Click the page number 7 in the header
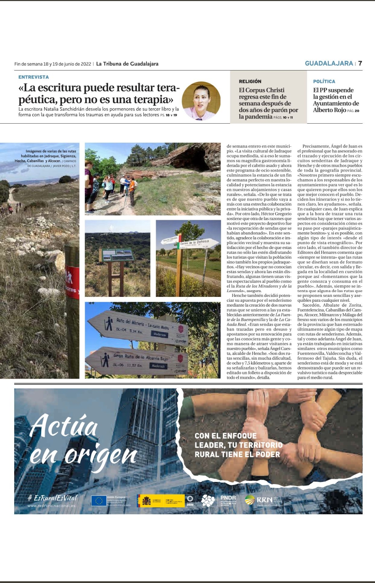(360, 63)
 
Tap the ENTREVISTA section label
(34, 77)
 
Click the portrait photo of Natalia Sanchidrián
(201, 101)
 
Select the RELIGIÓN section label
(250, 81)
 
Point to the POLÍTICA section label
(324, 81)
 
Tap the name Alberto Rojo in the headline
(330, 110)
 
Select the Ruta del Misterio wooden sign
(142, 326)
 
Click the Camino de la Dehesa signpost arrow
(194, 243)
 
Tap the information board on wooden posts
(118, 255)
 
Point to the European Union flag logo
(99, 501)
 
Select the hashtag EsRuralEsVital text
(53, 498)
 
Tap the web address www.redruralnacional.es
(51, 506)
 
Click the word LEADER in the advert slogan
(209, 445)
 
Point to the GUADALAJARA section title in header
(328, 63)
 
